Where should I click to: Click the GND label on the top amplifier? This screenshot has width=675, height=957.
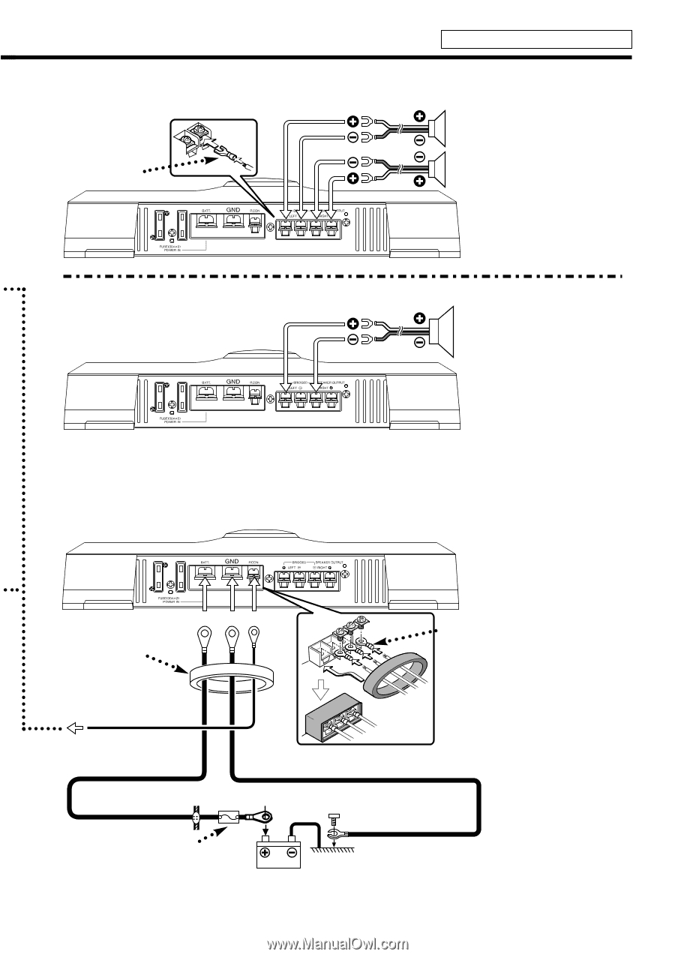(232, 213)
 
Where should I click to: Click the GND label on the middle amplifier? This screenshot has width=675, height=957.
(232, 382)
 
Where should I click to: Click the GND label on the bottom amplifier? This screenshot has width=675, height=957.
(232, 560)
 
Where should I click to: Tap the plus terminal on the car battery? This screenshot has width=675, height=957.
(265, 853)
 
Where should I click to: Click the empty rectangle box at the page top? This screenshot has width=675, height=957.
(536, 39)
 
